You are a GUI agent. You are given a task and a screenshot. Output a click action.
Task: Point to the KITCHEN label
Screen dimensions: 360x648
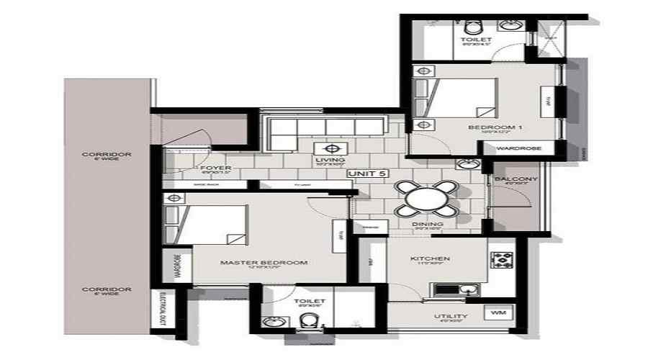pos(431,258)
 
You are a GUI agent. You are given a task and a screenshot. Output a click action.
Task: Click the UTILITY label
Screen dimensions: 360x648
pos(451,316)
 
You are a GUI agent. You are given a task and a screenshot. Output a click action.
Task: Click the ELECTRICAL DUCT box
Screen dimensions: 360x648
pos(162,309)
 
